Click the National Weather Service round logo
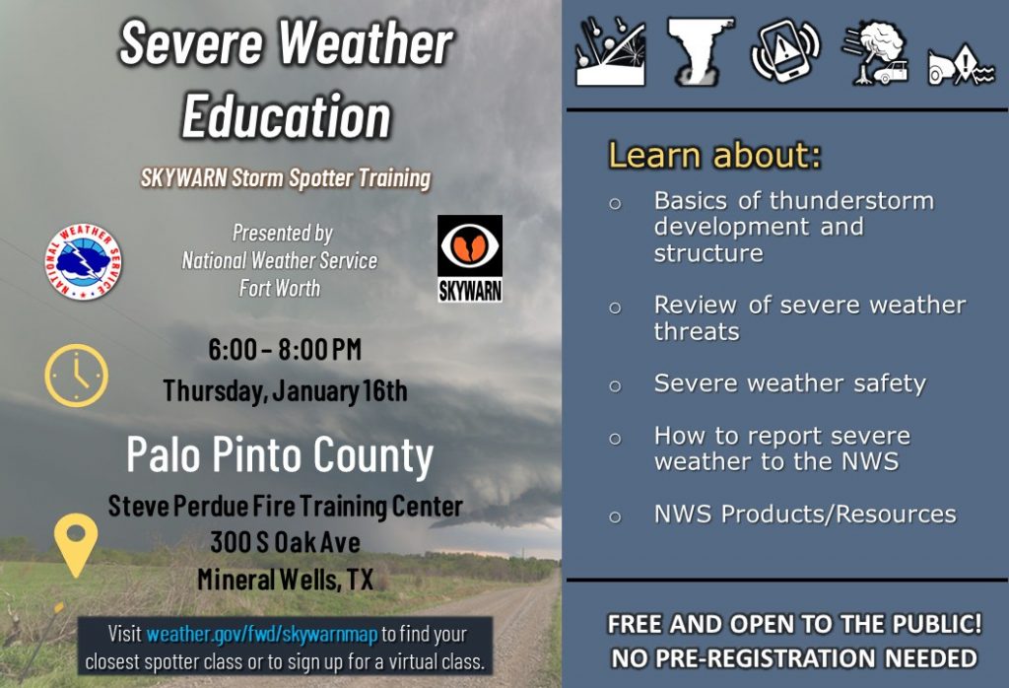coord(83,261)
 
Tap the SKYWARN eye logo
coord(470,258)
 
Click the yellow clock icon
coord(77,376)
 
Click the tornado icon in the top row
coord(699,51)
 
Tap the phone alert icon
coord(785,51)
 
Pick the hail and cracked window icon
coord(611,51)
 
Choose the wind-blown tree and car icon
coord(876,53)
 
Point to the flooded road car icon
coord(961,64)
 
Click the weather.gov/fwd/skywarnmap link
coord(261,634)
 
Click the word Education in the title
coord(287,116)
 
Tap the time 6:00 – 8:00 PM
coord(285,350)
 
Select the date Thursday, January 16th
coord(285,390)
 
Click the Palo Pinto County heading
coord(280,455)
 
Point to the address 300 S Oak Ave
coord(285,542)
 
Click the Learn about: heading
coord(715,155)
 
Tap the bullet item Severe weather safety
coord(790,383)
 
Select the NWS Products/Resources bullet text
coord(805,515)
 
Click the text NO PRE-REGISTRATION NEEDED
coord(794,658)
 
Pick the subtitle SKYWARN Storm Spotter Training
coord(286,177)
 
